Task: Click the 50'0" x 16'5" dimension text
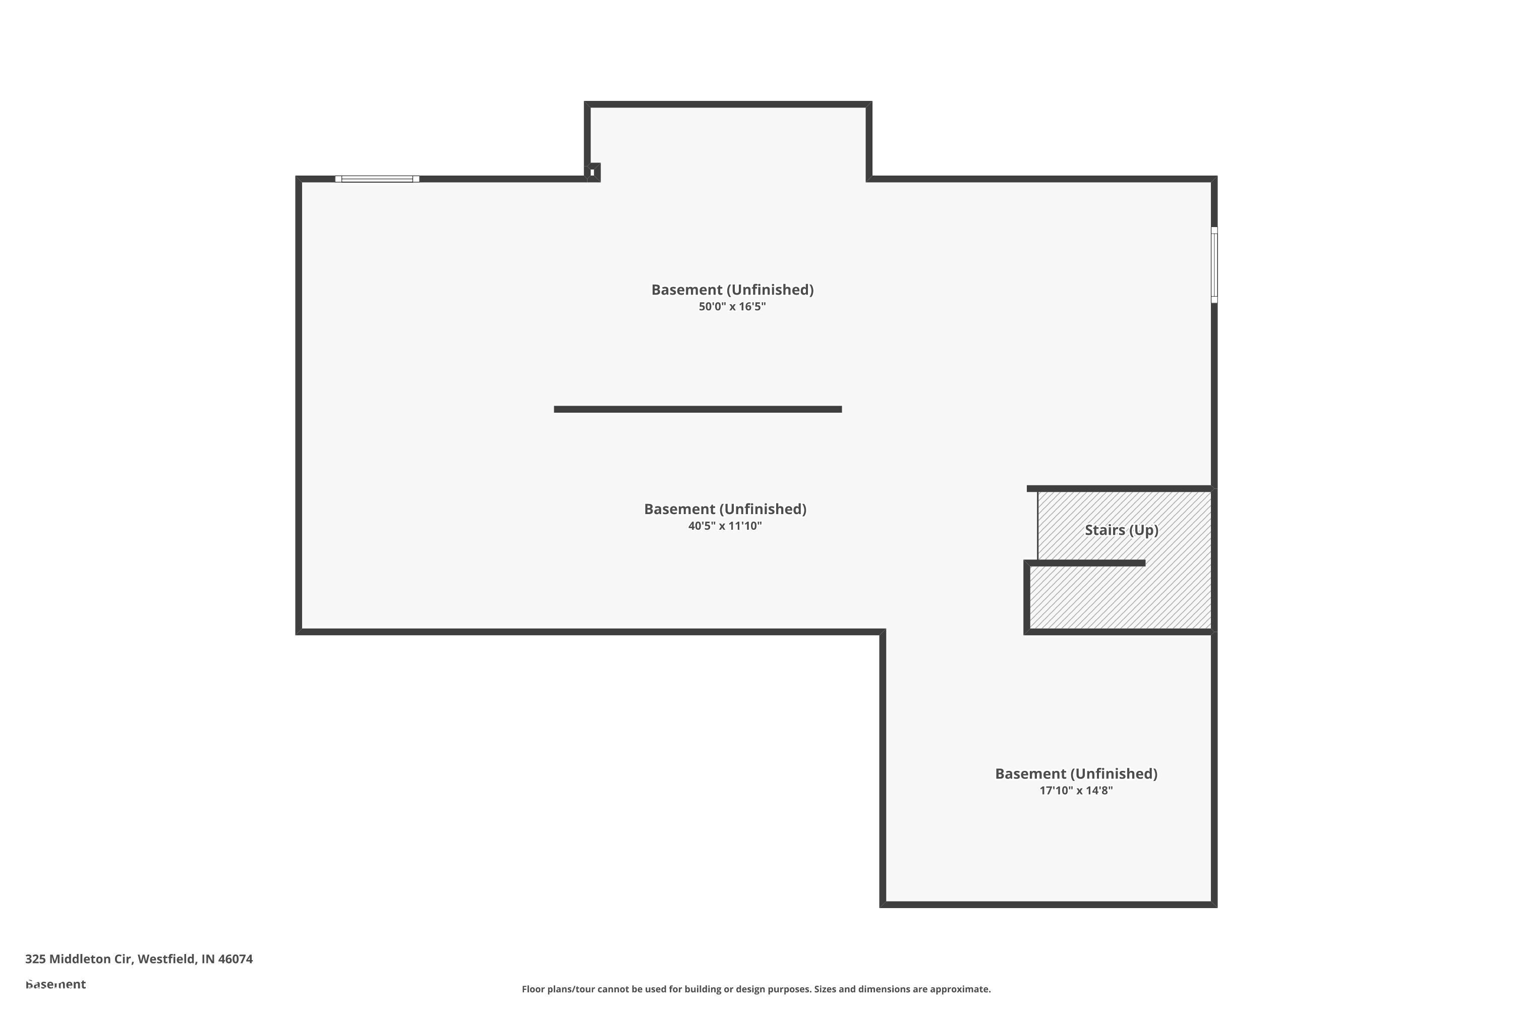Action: coord(732,307)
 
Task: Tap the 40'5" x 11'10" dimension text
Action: coord(725,526)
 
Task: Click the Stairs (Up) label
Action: coord(1121,530)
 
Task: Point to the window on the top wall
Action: coord(377,179)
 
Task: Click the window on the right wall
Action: coord(1214,264)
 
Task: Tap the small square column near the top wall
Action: coord(593,173)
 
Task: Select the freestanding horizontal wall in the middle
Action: coord(697,409)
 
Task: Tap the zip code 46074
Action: coord(236,959)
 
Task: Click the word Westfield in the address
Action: coord(166,959)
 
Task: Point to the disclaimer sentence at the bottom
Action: coord(756,989)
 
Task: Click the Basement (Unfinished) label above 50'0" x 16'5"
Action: coord(732,290)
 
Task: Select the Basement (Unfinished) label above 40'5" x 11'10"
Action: coord(725,510)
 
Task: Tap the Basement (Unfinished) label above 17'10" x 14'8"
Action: coord(1076,774)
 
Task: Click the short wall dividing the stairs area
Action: coord(1086,563)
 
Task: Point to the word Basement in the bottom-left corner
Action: coord(55,984)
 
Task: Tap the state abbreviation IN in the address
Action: coord(208,959)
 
